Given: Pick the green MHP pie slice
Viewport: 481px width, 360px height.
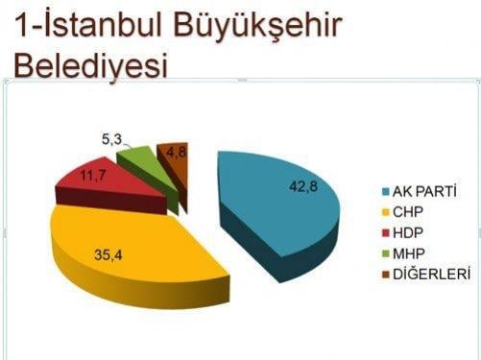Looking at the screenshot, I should click(140, 156).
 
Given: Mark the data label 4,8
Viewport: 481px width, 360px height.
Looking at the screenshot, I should click(176, 152).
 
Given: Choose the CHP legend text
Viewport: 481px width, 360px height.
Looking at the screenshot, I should click(410, 212).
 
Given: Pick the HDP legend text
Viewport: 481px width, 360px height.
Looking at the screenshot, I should click(410, 233).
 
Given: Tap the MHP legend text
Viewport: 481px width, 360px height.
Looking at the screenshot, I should click(410, 253).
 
